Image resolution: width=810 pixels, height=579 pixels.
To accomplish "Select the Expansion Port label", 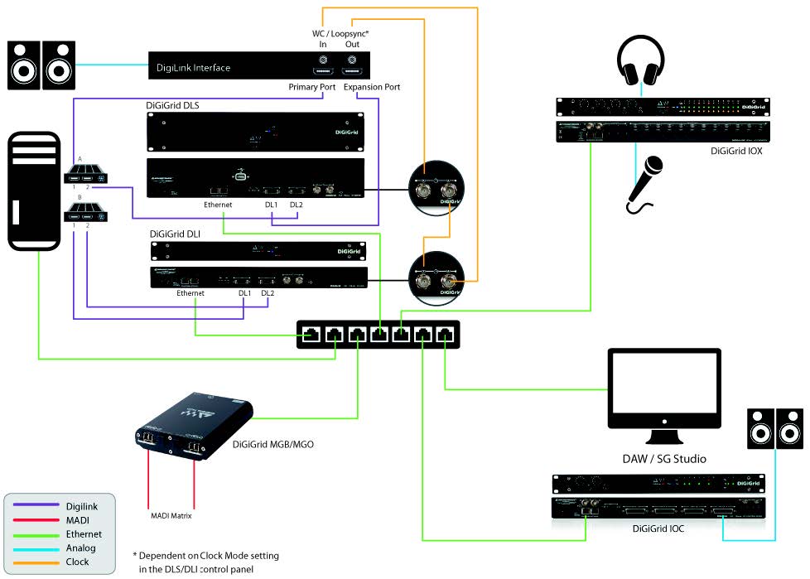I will point(372,87).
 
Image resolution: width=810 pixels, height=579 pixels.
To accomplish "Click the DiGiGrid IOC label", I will point(660,528).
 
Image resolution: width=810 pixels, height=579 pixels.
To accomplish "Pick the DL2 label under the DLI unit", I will point(268,292).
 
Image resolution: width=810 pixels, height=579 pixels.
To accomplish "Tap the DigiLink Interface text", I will point(194,67).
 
